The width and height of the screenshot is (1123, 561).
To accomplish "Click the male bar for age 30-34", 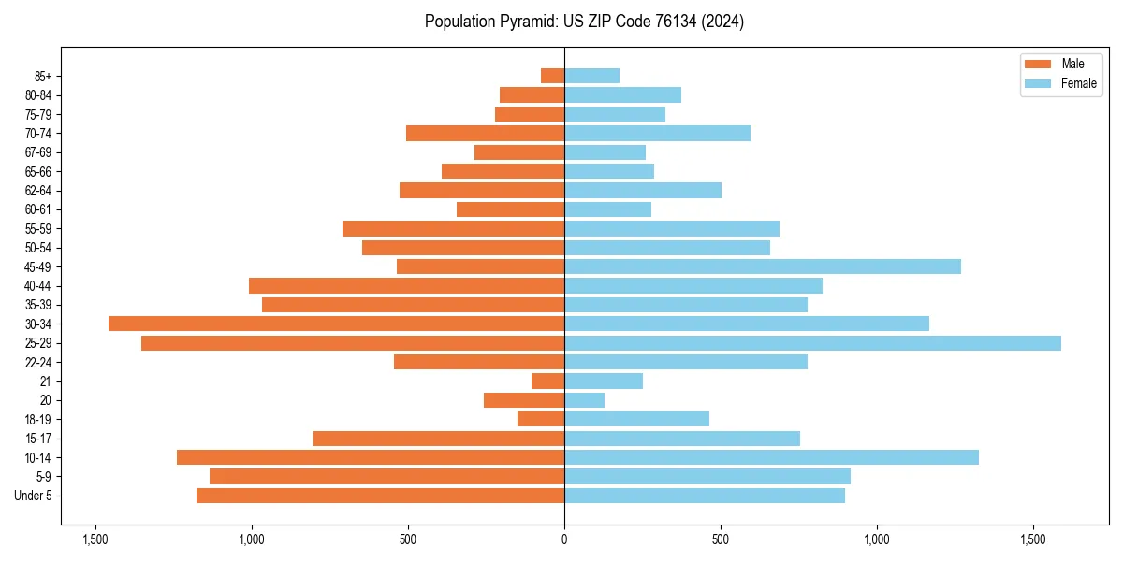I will click(x=336, y=324).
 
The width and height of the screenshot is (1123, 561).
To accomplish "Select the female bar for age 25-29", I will click(x=812, y=343).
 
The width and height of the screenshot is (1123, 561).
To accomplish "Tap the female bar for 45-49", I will click(x=763, y=266).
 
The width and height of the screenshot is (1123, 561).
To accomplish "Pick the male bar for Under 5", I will click(x=380, y=496).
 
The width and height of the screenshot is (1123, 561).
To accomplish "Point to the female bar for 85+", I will click(x=591, y=76).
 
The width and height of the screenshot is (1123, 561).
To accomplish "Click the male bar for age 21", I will click(x=547, y=381).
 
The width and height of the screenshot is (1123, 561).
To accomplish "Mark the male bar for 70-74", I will click(x=485, y=133).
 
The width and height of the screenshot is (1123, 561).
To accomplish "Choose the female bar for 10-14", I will click(x=771, y=457).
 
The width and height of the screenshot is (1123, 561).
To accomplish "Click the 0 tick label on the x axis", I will click(x=564, y=539).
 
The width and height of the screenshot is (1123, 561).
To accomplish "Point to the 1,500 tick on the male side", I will click(x=95, y=539).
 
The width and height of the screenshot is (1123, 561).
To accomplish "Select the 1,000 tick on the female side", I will click(x=877, y=539).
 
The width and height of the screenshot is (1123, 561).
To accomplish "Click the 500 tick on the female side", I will click(x=721, y=539).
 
